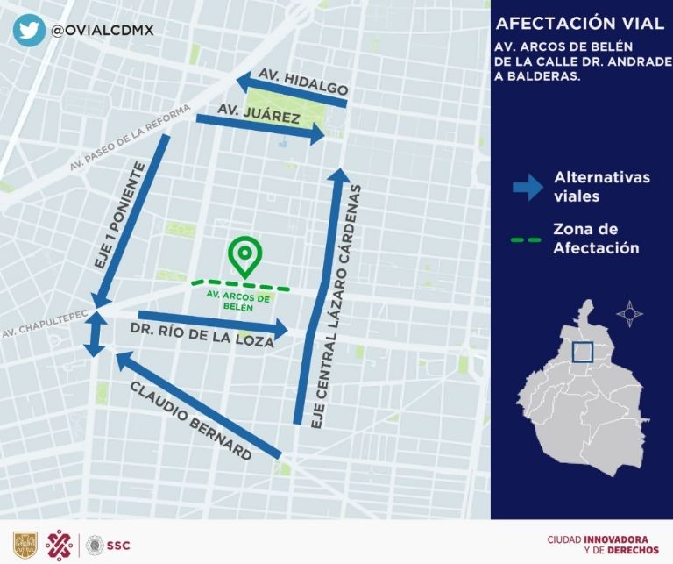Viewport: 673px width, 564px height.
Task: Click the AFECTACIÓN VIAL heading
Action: (580, 23)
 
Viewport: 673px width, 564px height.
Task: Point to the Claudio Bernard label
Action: (191, 421)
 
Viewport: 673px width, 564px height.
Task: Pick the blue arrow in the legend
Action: (528, 187)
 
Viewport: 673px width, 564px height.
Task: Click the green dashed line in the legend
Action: (527, 239)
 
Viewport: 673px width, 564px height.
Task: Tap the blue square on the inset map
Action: (583, 352)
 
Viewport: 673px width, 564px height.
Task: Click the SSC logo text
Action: (118, 546)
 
